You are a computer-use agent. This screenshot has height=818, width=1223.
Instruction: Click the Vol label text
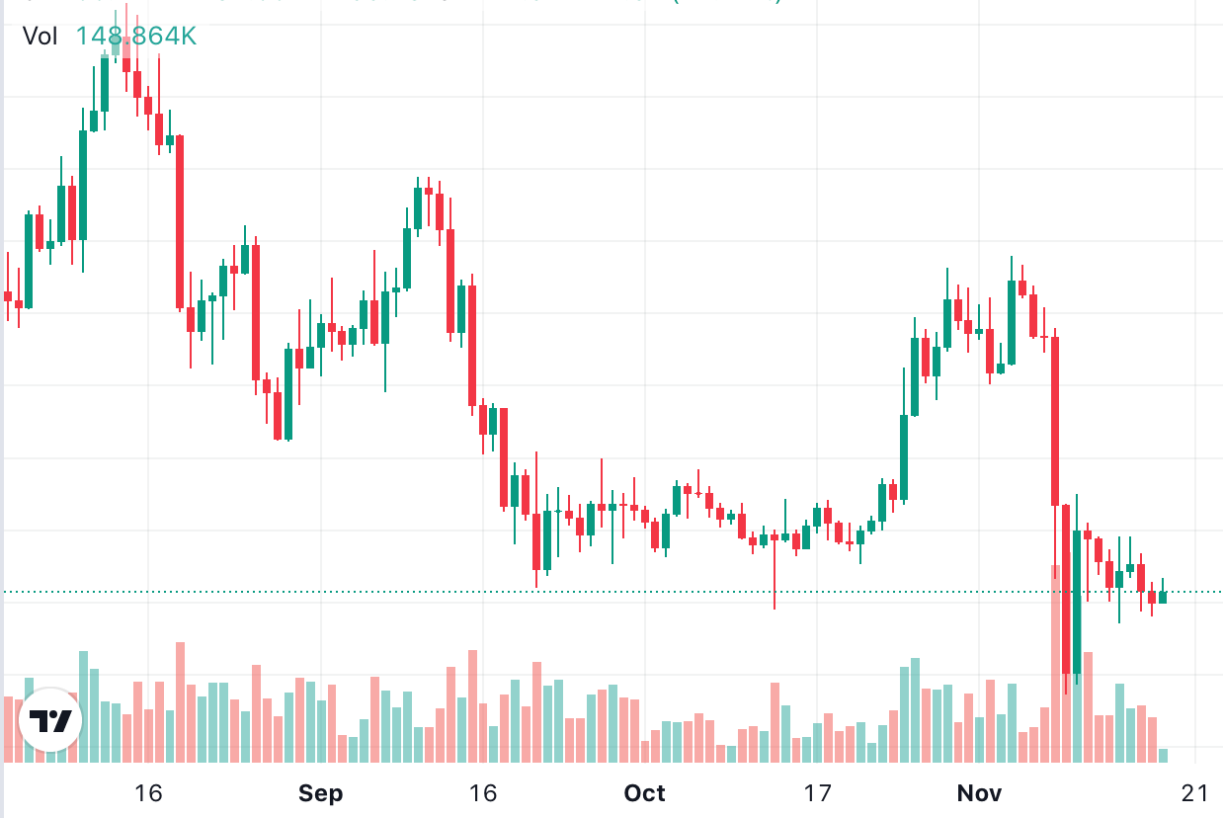[41, 37]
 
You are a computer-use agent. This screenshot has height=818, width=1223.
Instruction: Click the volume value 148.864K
[136, 37]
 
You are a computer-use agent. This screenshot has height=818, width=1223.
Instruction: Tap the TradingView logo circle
[50, 719]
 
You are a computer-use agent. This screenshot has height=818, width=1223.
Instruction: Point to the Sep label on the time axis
[320, 793]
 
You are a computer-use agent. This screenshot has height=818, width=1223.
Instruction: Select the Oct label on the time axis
[645, 793]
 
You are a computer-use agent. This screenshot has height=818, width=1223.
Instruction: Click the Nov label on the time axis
[980, 793]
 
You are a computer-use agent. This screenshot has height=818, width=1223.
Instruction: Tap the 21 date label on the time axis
[1194, 793]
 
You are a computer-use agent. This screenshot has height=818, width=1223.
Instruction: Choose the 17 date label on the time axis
[816, 793]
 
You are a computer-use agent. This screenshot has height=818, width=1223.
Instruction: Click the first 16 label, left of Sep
[148, 793]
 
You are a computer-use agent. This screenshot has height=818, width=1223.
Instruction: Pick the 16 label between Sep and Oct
[482, 793]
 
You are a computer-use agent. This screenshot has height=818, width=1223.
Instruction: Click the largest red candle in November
[1055, 421]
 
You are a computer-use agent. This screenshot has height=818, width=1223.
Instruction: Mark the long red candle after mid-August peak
[180, 222]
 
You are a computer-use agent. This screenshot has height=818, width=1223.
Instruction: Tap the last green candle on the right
[1163, 597]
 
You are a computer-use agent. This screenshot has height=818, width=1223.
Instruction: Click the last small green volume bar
[1163, 756]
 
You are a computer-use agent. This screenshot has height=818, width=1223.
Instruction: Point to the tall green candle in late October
[904, 456]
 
